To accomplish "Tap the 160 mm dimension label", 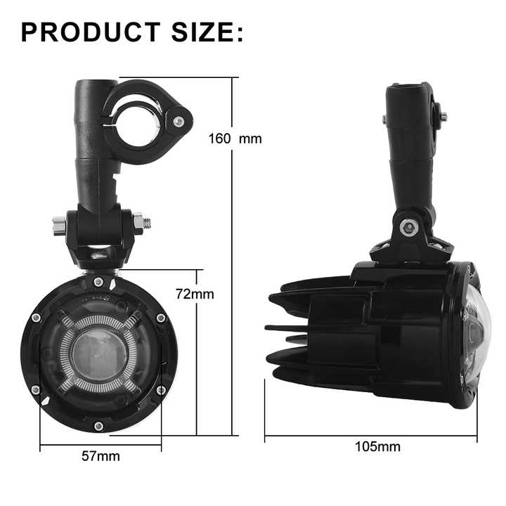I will pos(235,138).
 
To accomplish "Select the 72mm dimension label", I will pos(195,294).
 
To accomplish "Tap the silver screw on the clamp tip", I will pos(179,122).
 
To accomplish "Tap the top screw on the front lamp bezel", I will pos(98,282).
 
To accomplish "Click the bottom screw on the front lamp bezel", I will pos(98,426).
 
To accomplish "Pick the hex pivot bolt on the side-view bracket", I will pos(408,227).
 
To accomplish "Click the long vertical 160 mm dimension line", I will pos(233,281).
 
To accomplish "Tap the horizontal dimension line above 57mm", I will pos(100,444).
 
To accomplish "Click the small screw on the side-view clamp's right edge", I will pos(442,117).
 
